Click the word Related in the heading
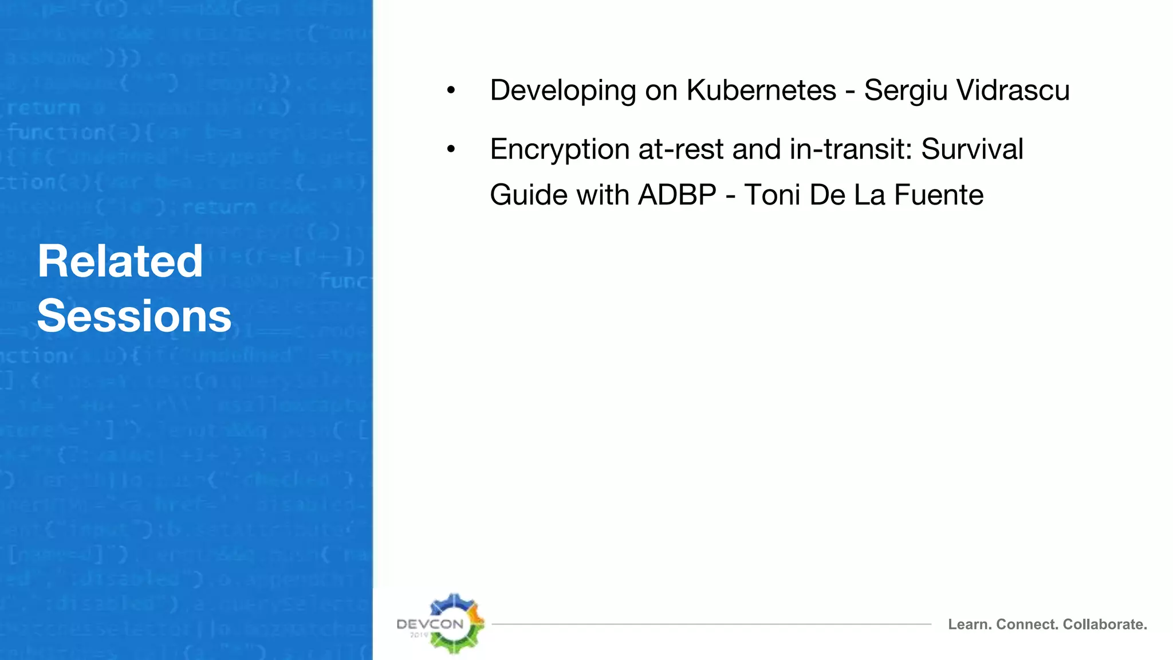click(120, 261)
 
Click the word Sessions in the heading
click(134, 316)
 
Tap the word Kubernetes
click(761, 91)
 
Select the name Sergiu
click(905, 91)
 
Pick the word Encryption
click(560, 150)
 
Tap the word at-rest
click(681, 150)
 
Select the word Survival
click(972, 150)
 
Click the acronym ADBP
click(677, 195)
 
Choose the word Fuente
click(939, 195)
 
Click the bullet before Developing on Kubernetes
click(451, 91)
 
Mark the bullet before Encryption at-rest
click(451, 150)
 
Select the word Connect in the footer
click(1028, 624)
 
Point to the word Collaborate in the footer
click(1105, 624)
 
